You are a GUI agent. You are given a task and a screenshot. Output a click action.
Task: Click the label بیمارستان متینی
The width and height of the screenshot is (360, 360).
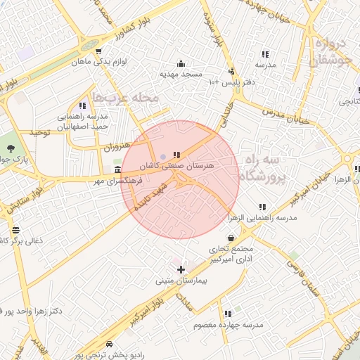click(x=181, y=281)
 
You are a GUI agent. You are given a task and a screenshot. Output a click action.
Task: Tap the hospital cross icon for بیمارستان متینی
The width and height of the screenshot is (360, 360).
click(x=181, y=269)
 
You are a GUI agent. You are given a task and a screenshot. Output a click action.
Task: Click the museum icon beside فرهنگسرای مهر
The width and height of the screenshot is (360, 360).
click(x=117, y=170)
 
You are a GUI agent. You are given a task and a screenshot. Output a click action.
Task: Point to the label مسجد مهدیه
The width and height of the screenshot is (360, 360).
click(x=181, y=74)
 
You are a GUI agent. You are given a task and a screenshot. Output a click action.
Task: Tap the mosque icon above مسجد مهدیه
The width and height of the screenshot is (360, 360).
click(x=181, y=63)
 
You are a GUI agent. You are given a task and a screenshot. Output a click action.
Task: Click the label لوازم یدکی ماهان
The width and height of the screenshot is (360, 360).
click(x=99, y=62)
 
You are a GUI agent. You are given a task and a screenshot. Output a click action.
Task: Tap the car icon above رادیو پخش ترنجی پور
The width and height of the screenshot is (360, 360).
click(x=110, y=344)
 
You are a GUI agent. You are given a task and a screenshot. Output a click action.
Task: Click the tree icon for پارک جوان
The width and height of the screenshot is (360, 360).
click(x=11, y=148)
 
